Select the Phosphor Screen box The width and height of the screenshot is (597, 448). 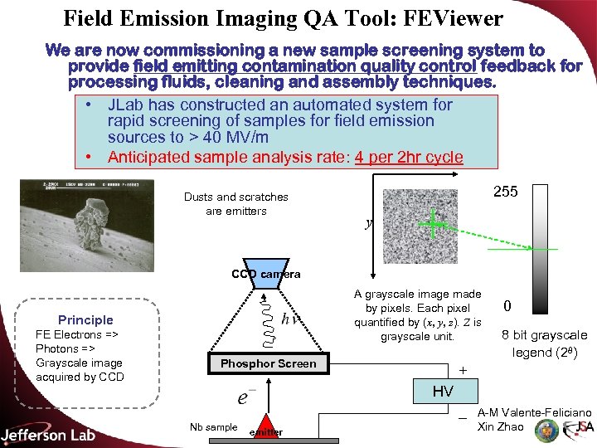pyautogui.click(x=268, y=363)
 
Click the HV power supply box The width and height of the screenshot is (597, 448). pyautogui.click(x=441, y=391)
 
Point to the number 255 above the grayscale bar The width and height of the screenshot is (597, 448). pyautogui.click(x=505, y=192)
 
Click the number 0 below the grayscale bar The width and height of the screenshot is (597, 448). pyautogui.click(x=507, y=306)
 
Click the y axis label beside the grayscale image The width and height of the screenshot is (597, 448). pyautogui.click(x=368, y=223)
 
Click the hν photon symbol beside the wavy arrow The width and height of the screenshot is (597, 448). pyautogui.click(x=290, y=319)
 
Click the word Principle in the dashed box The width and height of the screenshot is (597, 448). pyautogui.click(x=85, y=319)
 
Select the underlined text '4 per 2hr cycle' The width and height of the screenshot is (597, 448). pyautogui.click(x=409, y=157)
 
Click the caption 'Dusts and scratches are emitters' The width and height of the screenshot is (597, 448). pyautogui.click(x=236, y=204)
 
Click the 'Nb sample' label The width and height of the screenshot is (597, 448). pyautogui.click(x=213, y=427)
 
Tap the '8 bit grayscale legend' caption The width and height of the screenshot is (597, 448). pyautogui.click(x=543, y=343)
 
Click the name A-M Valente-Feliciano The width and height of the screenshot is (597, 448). pyautogui.click(x=534, y=412)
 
